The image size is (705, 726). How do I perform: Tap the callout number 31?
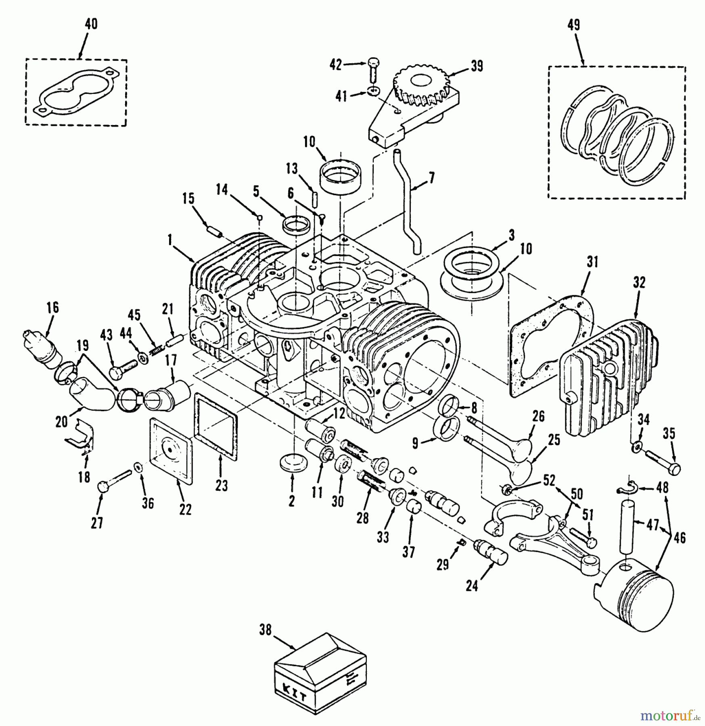click(592, 263)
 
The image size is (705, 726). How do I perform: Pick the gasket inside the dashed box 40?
click(77, 93)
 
